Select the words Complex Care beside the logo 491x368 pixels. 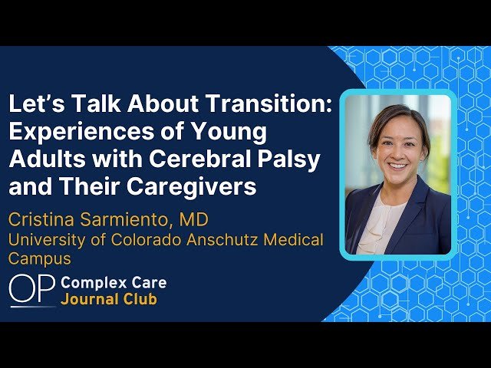[x=114, y=283]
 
